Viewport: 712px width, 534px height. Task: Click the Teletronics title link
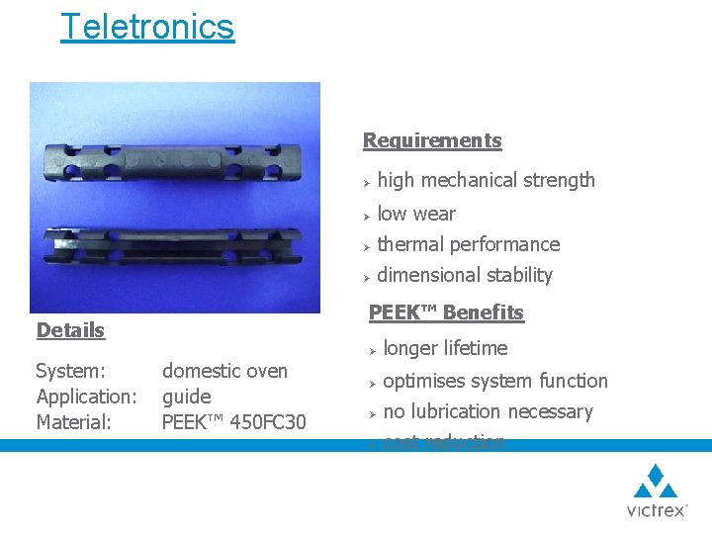(x=147, y=27)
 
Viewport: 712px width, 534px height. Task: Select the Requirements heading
(x=432, y=140)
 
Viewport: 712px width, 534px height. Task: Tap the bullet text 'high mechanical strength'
(x=486, y=180)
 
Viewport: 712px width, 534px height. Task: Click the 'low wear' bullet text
(x=416, y=214)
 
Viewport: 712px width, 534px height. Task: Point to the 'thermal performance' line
(x=468, y=244)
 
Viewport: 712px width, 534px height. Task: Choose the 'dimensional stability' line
(x=465, y=275)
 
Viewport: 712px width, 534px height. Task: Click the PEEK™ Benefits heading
(x=446, y=312)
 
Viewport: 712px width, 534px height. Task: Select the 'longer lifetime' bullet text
(x=445, y=348)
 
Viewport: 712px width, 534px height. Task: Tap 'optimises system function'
(x=494, y=381)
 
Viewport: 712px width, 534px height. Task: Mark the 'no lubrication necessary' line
(x=488, y=411)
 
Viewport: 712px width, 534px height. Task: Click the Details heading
(x=70, y=330)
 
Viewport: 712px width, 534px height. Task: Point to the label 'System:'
(x=70, y=371)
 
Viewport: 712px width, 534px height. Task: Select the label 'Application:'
(x=86, y=397)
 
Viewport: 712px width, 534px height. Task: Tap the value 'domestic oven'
(x=224, y=371)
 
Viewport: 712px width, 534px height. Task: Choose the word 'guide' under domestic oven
(x=186, y=397)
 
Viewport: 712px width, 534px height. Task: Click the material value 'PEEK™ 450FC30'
(x=233, y=422)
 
